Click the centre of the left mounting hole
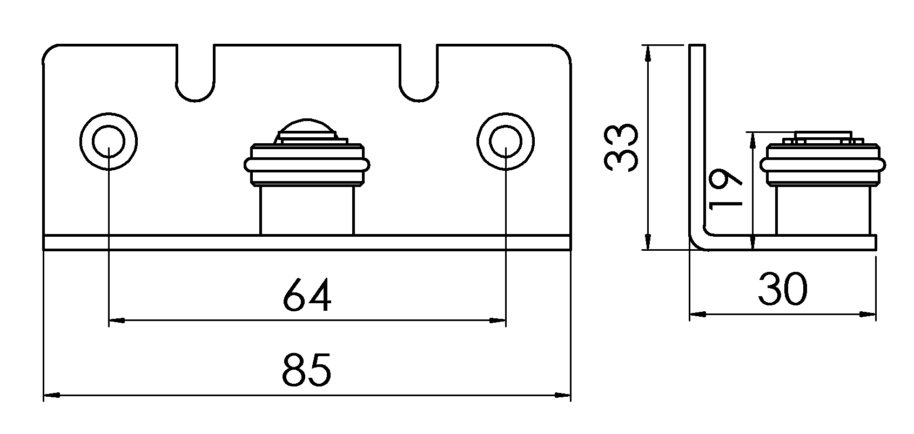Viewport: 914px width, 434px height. click(109, 141)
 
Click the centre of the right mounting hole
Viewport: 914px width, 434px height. click(506, 141)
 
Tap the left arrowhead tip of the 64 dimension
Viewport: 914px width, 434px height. click(109, 321)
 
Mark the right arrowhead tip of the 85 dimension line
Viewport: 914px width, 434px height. click(570, 395)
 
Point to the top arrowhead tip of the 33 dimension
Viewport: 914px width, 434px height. click(647, 45)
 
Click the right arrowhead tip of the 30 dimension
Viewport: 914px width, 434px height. click(876, 315)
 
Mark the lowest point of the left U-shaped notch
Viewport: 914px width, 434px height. click(196, 101)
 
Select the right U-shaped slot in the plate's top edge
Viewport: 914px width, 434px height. click(419, 72)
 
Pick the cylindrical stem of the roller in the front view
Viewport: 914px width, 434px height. click(307, 210)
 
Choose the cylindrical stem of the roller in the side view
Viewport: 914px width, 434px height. click(823, 210)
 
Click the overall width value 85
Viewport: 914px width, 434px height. click(307, 370)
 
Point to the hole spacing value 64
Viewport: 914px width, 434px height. click(307, 295)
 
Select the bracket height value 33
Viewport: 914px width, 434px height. click(621, 148)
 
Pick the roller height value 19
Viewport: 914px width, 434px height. click(725, 189)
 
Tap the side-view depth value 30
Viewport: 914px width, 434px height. click(783, 289)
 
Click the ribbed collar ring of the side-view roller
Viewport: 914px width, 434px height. click(823, 165)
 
